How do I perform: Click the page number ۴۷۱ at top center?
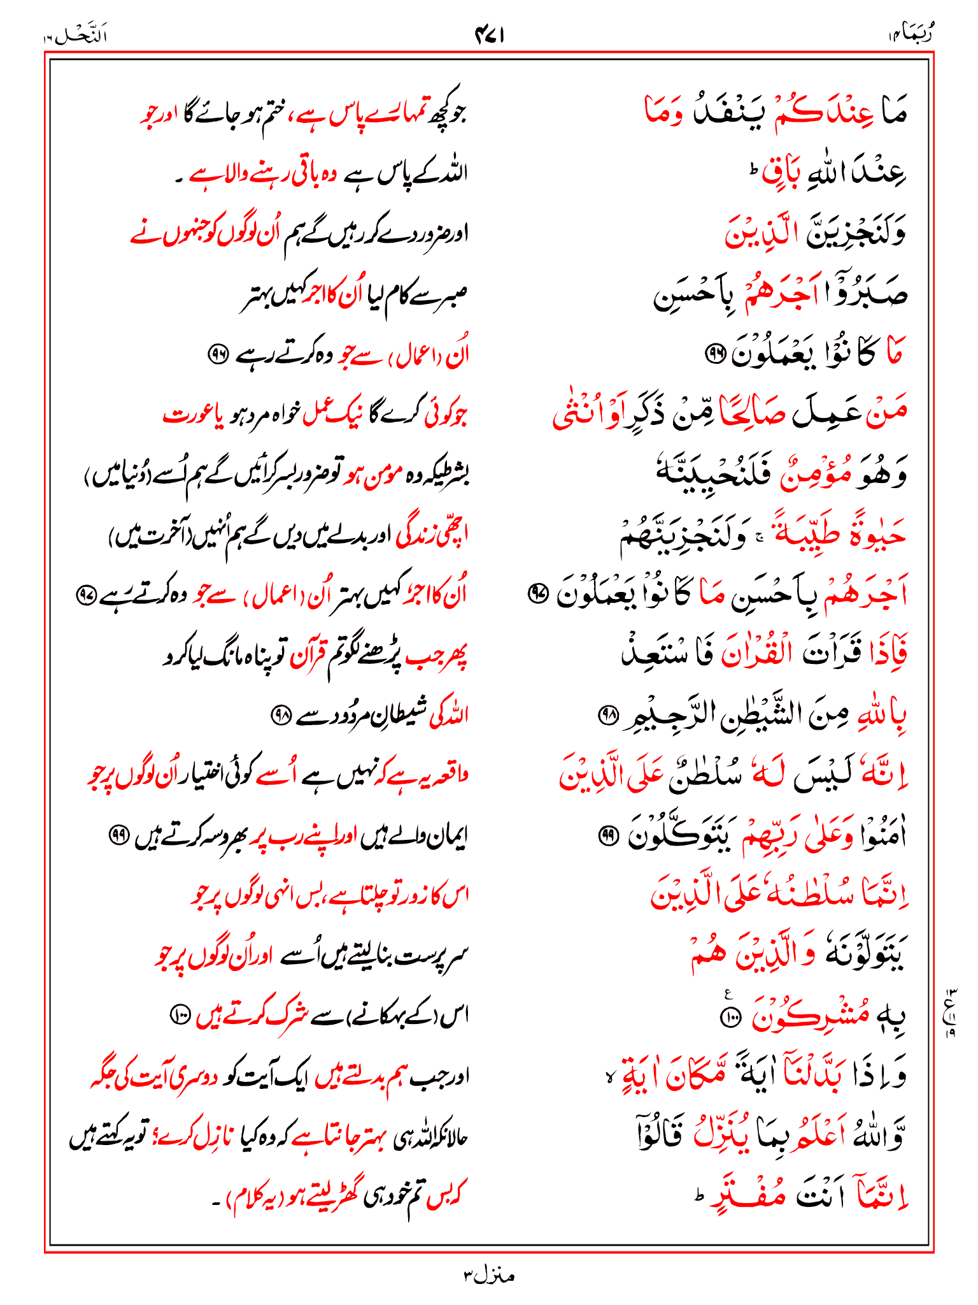point(490,36)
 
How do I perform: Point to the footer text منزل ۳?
point(488,1275)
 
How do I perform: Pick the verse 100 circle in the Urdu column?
point(179,1013)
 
